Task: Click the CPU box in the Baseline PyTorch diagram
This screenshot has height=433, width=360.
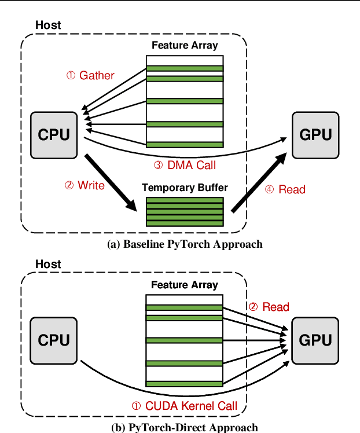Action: pyautogui.click(x=54, y=135)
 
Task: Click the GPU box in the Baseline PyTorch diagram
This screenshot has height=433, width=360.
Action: pyautogui.click(x=315, y=135)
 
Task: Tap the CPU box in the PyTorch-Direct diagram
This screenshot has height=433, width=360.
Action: pyautogui.click(x=54, y=340)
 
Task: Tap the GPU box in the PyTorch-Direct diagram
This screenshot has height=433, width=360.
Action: pyautogui.click(x=315, y=340)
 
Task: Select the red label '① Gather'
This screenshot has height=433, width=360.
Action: pyautogui.click(x=91, y=75)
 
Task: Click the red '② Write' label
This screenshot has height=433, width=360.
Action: pyautogui.click(x=84, y=185)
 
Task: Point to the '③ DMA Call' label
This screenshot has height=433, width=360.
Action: pyautogui.click(x=185, y=166)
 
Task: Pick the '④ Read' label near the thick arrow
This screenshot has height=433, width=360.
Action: pyautogui.click(x=286, y=189)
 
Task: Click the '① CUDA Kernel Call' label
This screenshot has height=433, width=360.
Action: pyautogui.click(x=185, y=406)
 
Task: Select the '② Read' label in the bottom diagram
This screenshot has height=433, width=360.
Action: pyautogui.click(x=269, y=307)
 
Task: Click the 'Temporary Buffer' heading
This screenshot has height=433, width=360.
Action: pyautogui.click(x=185, y=188)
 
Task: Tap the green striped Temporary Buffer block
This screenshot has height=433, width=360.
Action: pyautogui.click(x=185, y=212)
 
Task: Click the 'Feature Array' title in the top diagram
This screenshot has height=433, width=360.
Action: pyautogui.click(x=185, y=45)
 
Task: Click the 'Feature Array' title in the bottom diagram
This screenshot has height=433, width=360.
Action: pyautogui.click(x=185, y=285)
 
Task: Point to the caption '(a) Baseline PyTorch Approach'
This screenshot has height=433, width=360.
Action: pyautogui.click(x=185, y=244)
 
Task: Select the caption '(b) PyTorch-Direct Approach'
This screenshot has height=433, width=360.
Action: pyautogui.click(x=185, y=427)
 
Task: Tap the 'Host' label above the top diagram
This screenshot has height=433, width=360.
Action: pyautogui.click(x=48, y=25)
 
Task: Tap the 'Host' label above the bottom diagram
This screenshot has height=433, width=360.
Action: pyautogui.click(x=48, y=264)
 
